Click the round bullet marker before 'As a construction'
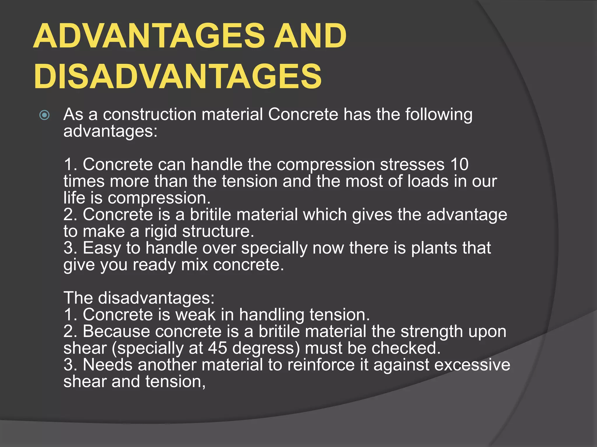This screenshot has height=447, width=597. tap(44, 115)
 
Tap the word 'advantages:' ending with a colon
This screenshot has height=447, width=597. tap(110, 132)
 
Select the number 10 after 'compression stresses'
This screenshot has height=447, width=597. tap(459, 164)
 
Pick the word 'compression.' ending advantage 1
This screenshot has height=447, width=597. tap(159, 198)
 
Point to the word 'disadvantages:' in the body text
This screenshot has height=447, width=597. tap(156, 298)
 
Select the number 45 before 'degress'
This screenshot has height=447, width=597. tap(217, 348)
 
